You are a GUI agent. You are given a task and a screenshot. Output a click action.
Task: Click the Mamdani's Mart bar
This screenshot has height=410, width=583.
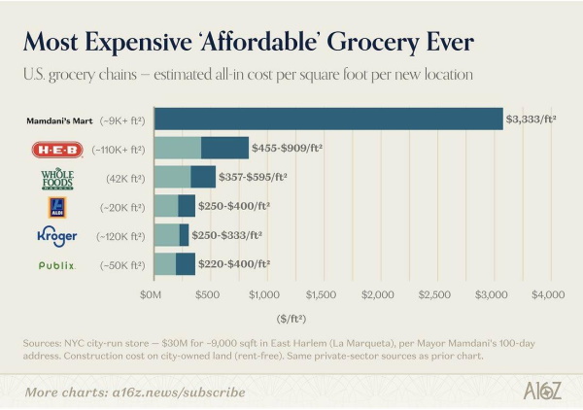click(328, 120)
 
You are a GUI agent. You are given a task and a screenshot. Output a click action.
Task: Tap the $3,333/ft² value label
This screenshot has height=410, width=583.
click(532, 120)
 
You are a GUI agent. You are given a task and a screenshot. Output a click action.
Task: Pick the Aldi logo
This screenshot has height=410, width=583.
click(56, 206)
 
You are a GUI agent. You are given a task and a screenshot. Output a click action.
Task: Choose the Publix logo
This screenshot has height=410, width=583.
click(56, 264)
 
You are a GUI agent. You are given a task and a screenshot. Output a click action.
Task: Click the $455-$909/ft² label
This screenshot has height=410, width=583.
click(287, 149)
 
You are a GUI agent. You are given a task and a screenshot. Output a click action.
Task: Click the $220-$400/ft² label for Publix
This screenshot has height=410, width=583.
click(233, 263)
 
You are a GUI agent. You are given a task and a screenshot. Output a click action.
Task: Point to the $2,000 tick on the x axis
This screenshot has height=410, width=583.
click(377, 292)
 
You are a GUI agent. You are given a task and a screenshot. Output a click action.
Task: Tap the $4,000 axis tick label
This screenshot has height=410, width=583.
click(548, 292)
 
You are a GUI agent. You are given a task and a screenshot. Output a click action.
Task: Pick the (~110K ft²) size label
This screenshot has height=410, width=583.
click(118, 150)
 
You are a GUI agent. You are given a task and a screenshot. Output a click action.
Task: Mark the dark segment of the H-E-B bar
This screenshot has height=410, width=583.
click(224, 149)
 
